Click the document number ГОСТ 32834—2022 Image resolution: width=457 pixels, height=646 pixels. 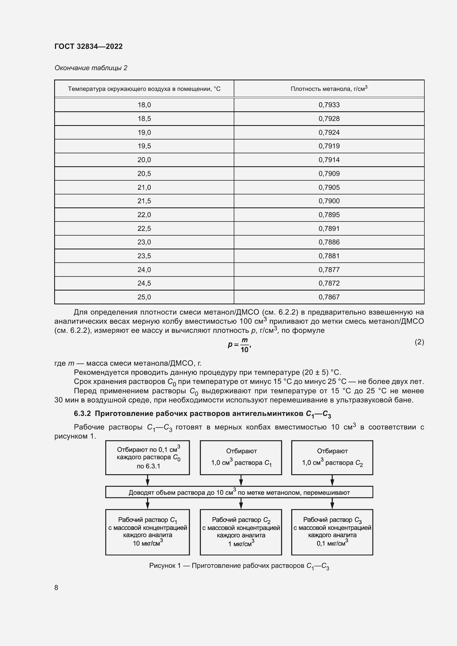pyautogui.click(x=88, y=46)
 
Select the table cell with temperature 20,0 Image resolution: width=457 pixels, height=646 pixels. pyautogui.click(x=144, y=160)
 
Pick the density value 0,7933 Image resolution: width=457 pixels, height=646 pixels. pyautogui.click(x=329, y=105)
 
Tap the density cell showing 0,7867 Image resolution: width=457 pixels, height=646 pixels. pyautogui.click(x=329, y=297)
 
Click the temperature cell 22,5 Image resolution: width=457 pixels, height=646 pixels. pyautogui.click(x=144, y=228)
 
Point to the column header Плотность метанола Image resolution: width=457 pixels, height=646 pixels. pyautogui.click(x=329, y=89)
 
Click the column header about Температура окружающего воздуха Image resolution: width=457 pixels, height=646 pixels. pyautogui.click(x=144, y=89)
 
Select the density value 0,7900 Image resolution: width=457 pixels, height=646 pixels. pyautogui.click(x=329, y=201)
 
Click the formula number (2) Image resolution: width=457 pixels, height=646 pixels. pyautogui.click(x=419, y=342)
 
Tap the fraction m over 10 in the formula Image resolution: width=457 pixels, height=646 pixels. pyautogui.click(x=245, y=345)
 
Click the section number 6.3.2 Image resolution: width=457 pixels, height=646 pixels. pyautogui.click(x=82, y=413)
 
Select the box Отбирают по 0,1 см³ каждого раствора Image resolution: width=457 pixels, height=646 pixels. pyautogui.click(x=148, y=458)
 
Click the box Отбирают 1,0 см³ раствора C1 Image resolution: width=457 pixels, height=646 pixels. pyautogui.click(x=241, y=458)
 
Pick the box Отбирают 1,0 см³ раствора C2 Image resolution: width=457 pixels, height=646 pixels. pyautogui.click(x=332, y=458)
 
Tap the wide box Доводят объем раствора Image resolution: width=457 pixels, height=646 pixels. pyautogui.click(x=239, y=492)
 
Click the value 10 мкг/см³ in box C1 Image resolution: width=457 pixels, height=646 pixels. pyautogui.click(x=148, y=543)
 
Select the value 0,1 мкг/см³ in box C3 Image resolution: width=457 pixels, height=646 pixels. pyautogui.click(x=332, y=543)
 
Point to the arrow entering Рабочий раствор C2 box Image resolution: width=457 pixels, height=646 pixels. pyautogui.click(x=241, y=504)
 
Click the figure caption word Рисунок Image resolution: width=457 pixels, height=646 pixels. pyautogui.click(x=162, y=566)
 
